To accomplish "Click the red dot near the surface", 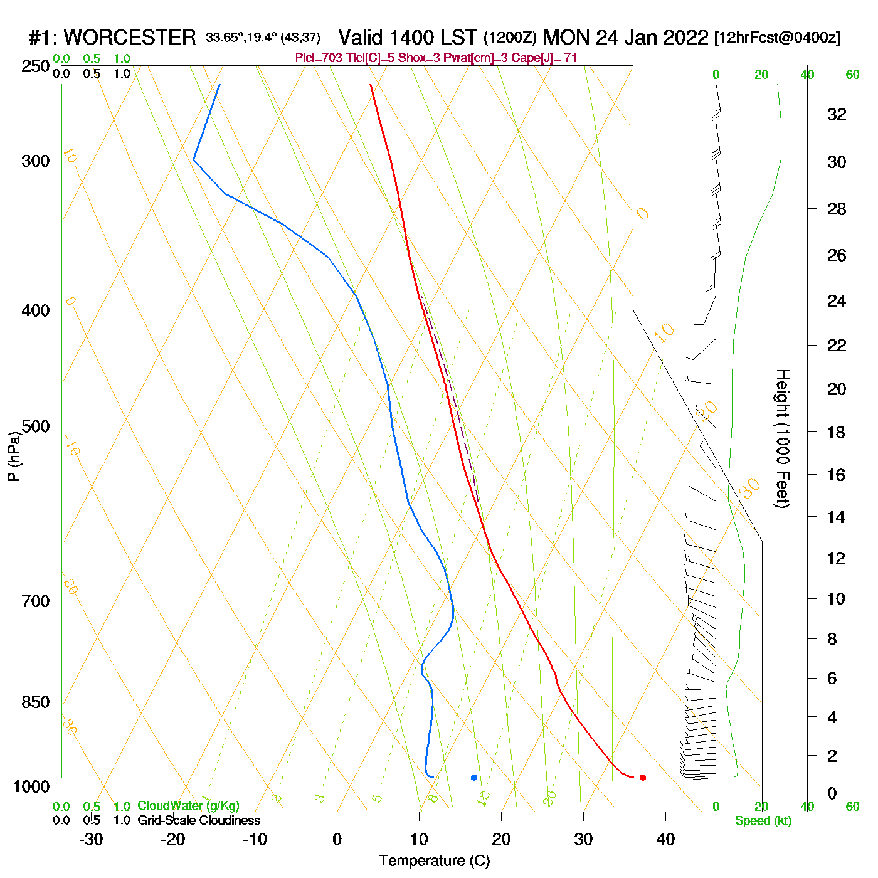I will pyautogui.click(x=642, y=778).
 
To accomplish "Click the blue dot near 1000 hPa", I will pyautogui.click(x=474, y=778).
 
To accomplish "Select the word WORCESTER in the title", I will pyautogui.click(x=130, y=38).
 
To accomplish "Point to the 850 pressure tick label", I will pyautogui.click(x=35, y=702).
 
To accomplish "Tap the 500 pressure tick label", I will pyautogui.click(x=35, y=426).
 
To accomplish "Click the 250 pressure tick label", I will pyautogui.click(x=35, y=66).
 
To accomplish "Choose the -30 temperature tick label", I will pyautogui.click(x=91, y=839).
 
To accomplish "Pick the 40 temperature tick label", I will pyautogui.click(x=665, y=839).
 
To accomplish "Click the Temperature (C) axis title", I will pyautogui.click(x=434, y=861).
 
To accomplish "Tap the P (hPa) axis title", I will pyautogui.click(x=14, y=457).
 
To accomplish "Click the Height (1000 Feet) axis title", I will pyautogui.click(x=783, y=439).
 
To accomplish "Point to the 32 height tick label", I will pyautogui.click(x=837, y=114).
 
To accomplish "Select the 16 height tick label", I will pyautogui.click(x=836, y=475).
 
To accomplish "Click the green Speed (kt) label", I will pyautogui.click(x=763, y=821).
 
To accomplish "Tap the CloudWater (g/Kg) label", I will pyautogui.click(x=188, y=806).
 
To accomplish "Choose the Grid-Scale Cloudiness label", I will pyautogui.click(x=199, y=820).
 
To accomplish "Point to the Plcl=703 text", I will pyautogui.click(x=318, y=58).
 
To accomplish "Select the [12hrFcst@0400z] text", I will pyautogui.click(x=777, y=38).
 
